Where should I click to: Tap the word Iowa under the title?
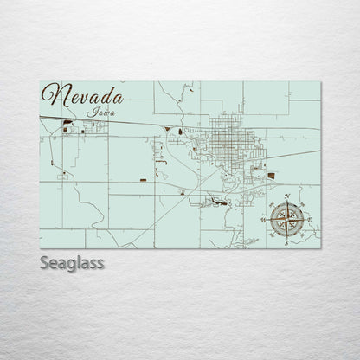(103, 111)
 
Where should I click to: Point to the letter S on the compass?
(286, 243)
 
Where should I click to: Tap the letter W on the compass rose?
(264, 222)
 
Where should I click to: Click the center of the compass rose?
(286, 222)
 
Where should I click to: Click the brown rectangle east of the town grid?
(270, 175)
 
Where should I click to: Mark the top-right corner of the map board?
(320, 82)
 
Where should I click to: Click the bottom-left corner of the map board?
(41, 248)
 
